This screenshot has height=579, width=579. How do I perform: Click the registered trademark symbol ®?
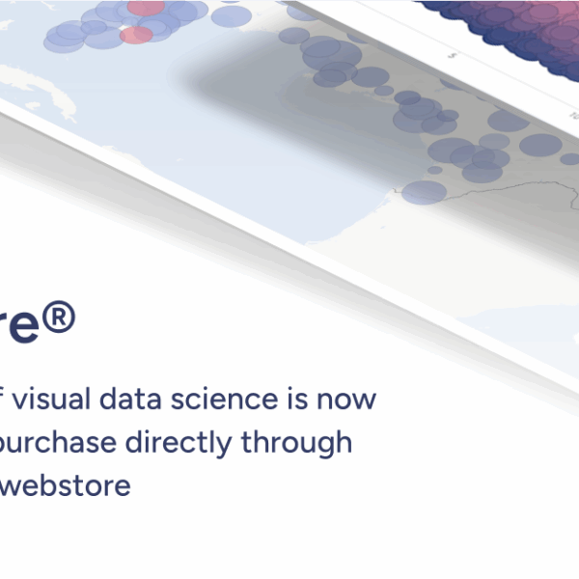point(58,317)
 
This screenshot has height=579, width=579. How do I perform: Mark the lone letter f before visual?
point(6,397)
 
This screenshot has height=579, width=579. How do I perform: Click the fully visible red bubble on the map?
point(136,35)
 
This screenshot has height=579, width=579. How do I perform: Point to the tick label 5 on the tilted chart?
point(452,57)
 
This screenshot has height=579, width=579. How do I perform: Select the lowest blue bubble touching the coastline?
point(423,192)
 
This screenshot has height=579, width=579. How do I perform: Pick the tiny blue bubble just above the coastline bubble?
point(435,170)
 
